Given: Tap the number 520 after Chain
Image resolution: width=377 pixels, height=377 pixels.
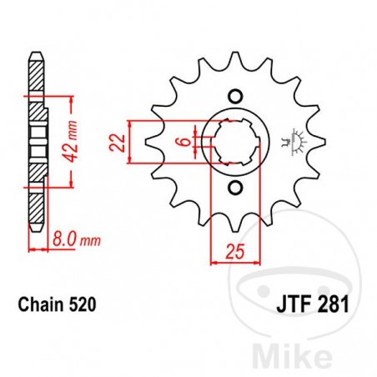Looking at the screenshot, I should tap(87, 306).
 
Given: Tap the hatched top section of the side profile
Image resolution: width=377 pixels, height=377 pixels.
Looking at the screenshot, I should tap(34, 80).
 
